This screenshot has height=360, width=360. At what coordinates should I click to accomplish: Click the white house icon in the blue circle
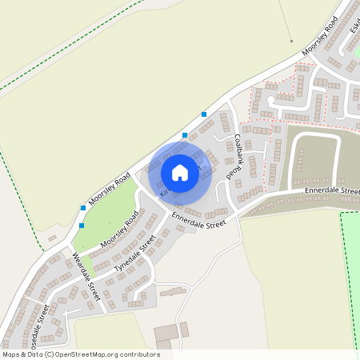180,172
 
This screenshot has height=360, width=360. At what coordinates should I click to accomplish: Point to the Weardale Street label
86,275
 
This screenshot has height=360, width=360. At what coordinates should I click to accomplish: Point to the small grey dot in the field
292,41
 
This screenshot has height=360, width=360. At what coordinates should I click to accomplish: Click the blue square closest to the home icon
185,135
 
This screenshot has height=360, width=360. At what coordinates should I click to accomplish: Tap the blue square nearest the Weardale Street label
82,226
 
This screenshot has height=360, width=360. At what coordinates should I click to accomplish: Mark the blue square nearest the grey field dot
204,114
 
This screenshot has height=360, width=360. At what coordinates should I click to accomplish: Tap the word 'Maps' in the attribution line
11,354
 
